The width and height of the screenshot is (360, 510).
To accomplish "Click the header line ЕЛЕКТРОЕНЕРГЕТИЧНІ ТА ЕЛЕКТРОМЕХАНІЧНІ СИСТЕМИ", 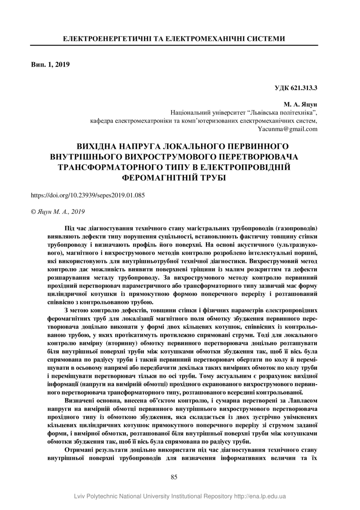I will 174,39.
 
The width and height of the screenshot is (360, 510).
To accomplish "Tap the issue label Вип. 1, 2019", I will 51,64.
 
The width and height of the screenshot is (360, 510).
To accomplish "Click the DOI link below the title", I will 88,195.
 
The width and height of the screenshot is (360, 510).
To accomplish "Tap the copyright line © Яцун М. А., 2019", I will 58,212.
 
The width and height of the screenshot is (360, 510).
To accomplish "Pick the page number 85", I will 174,477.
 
